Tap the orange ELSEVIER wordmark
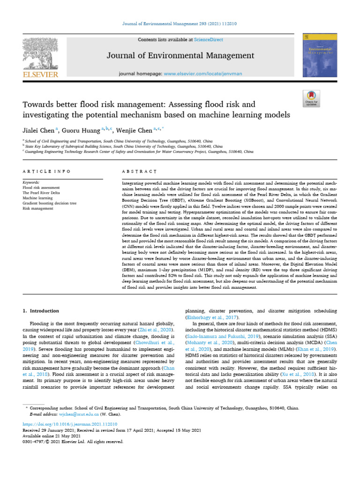point(41,74)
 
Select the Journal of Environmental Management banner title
point(180,56)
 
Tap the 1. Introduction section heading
point(41,311)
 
